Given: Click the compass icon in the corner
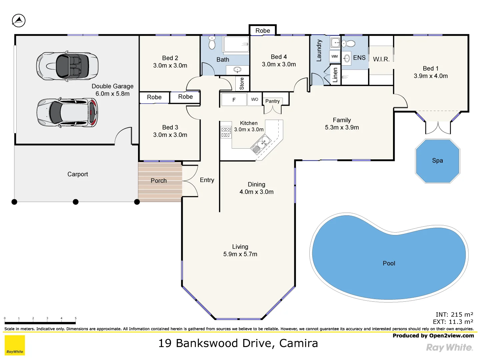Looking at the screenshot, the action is (19, 21).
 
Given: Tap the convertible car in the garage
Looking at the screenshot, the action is (67, 66).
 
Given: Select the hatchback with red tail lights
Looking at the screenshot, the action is (67, 113).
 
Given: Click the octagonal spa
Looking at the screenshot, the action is (437, 161).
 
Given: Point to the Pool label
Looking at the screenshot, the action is (389, 263).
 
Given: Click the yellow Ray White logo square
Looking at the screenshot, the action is (15, 345).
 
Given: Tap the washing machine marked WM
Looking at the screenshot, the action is (334, 57).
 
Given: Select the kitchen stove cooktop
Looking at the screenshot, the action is (226, 132).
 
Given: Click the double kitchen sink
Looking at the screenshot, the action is (262, 144).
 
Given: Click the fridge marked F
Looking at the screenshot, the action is (234, 100).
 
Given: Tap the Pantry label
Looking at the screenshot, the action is (272, 101).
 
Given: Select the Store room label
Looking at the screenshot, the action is (242, 83).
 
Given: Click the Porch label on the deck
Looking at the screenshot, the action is (159, 181).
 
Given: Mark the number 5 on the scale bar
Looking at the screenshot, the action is (76, 318).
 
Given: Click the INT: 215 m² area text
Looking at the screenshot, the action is (454, 315).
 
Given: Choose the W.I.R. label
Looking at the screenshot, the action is (381, 59).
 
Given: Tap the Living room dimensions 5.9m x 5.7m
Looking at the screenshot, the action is (240, 254).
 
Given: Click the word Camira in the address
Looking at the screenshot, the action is (298, 343).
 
